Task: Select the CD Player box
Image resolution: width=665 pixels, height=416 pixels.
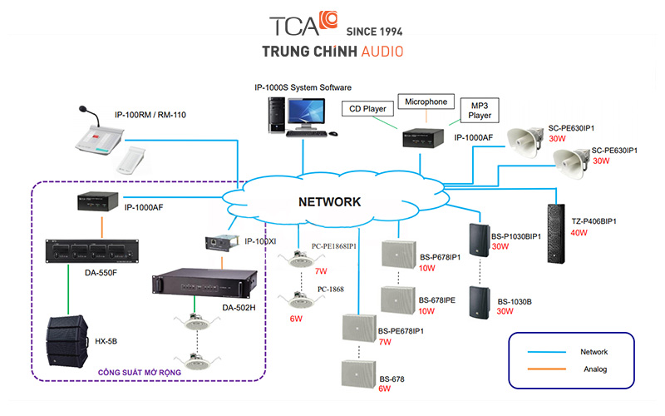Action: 366,107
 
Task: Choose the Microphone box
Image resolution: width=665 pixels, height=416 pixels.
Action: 426,102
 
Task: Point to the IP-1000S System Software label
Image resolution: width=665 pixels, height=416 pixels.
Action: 303,87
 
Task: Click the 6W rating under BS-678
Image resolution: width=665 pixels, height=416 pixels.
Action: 385,389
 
